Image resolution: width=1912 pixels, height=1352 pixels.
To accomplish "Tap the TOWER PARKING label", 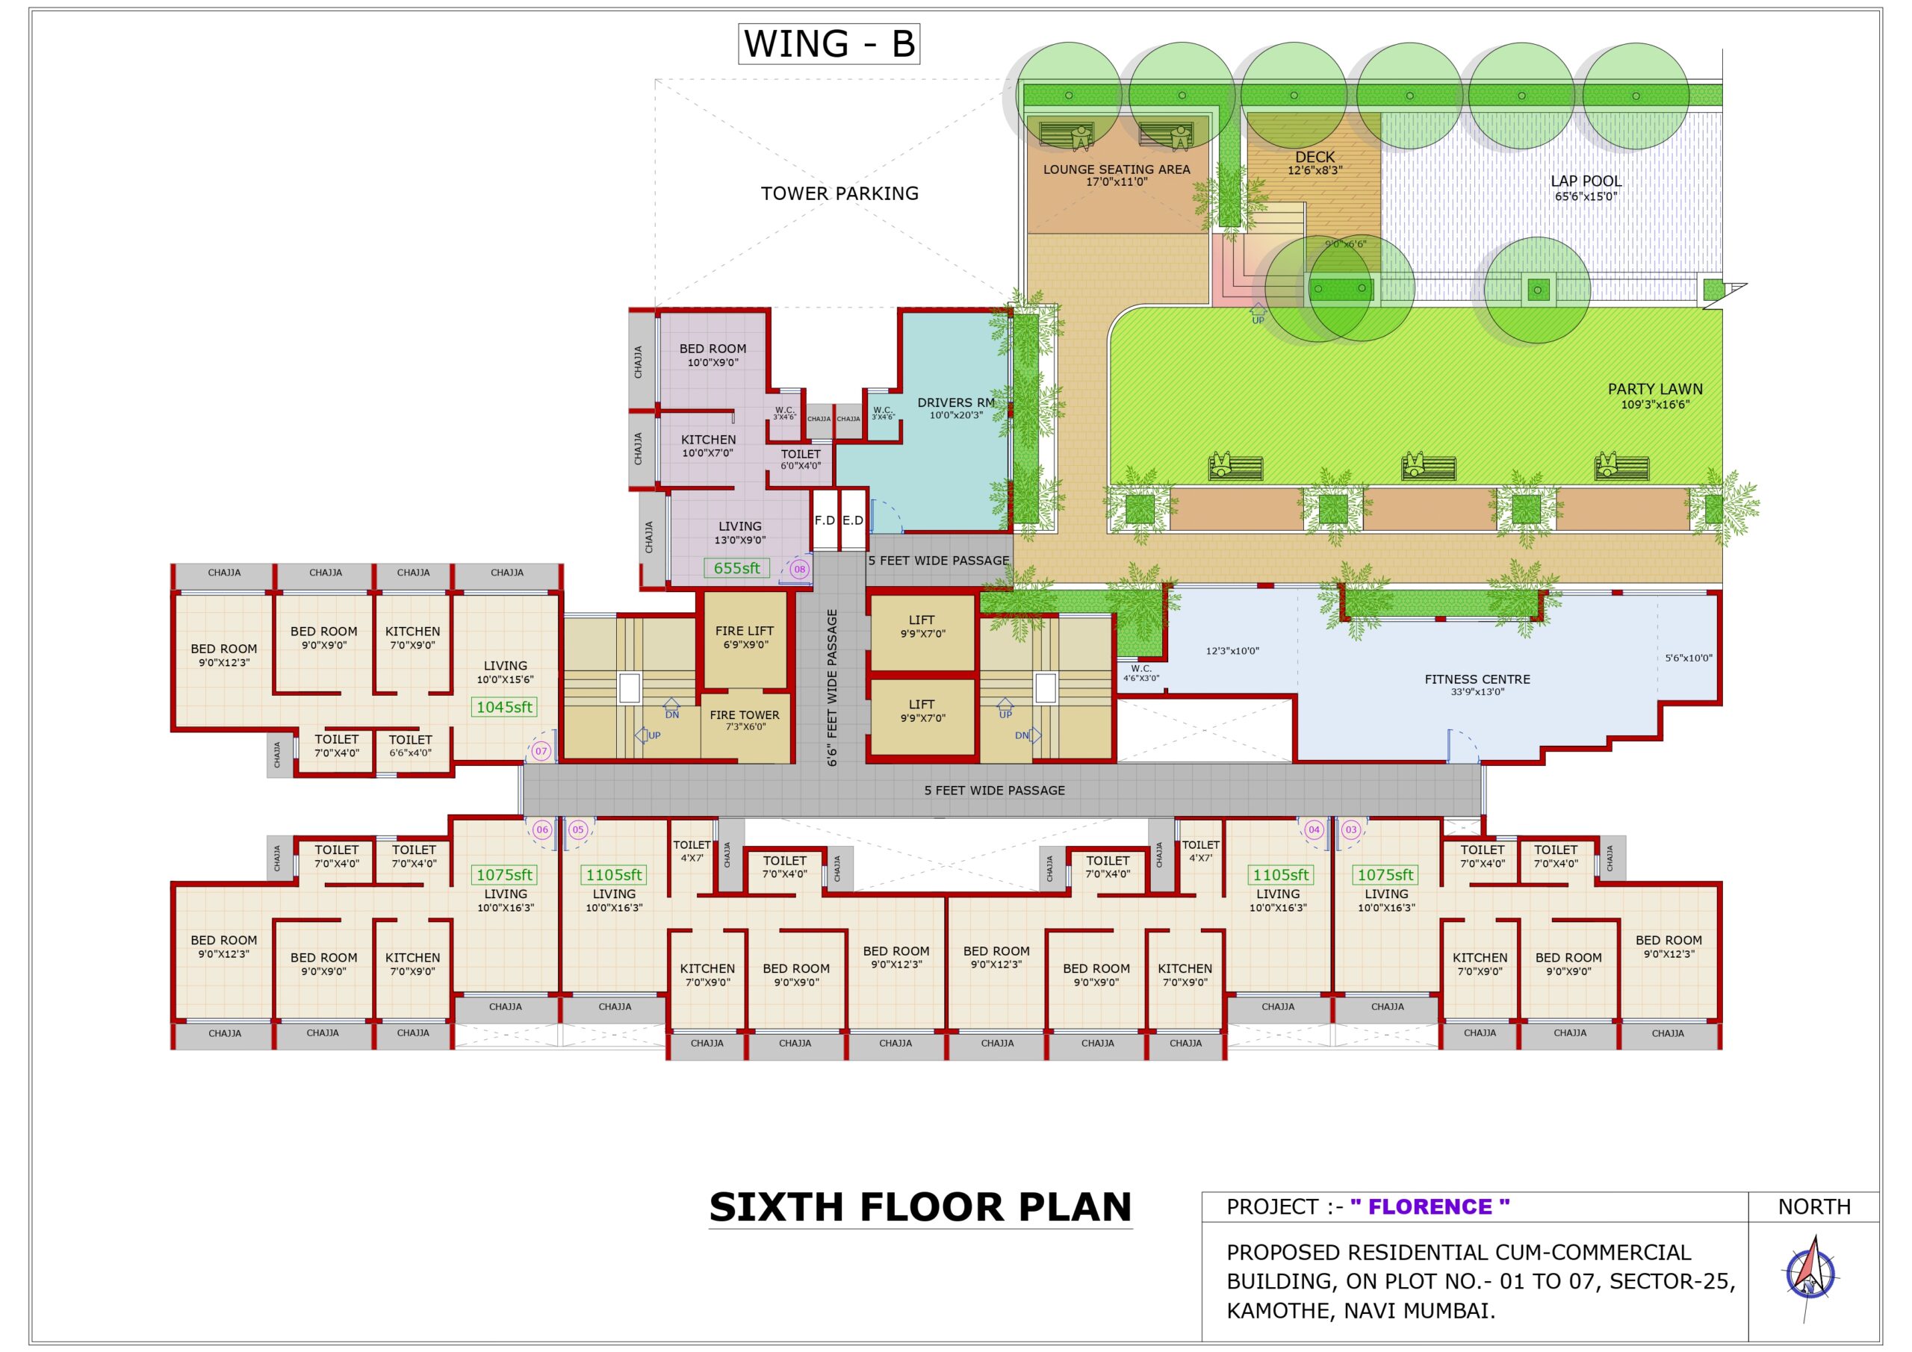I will (839, 194).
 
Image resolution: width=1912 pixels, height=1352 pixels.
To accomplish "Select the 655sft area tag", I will (736, 569).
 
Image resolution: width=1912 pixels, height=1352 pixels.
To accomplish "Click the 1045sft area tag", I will (504, 708).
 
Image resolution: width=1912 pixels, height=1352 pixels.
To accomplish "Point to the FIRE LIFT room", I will (745, 638).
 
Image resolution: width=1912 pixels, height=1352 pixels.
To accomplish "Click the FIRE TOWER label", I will (745, 715).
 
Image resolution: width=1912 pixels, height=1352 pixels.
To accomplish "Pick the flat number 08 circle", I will (799, 570).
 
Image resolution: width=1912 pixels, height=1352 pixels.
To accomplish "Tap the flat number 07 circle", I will (541, 751).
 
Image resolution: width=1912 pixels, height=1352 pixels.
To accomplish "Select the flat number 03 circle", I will (1351, 829).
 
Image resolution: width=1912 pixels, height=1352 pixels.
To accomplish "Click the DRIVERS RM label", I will (955, 403).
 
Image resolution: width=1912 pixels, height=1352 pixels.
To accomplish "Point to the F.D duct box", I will (825, 520).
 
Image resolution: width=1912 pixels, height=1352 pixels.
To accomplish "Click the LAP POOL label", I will (1586, 181).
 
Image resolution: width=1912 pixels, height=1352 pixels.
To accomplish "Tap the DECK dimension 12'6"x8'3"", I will (1315, 171).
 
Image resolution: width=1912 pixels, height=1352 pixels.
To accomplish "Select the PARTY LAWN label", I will (1654, 390).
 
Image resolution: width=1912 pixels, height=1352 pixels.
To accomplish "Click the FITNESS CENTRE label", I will (1477, 679).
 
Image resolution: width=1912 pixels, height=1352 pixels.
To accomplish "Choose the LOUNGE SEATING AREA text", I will (1117, 169).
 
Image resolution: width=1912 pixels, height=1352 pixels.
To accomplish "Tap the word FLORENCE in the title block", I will (1430, 1207).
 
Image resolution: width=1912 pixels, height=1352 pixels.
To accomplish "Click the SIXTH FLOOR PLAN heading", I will (920, 1207).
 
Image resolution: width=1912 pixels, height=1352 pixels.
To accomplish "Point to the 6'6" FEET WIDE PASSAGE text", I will (832, 688).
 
